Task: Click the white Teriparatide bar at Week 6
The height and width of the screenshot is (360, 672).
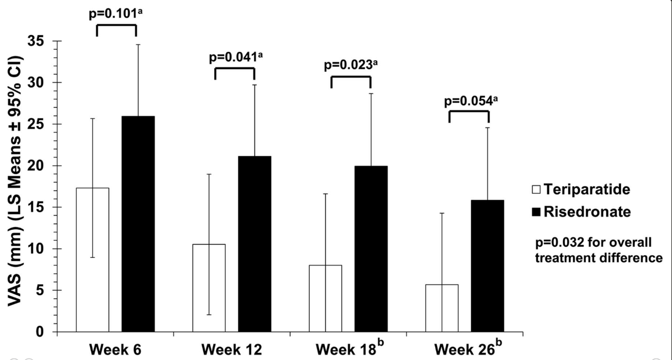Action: point(93,260)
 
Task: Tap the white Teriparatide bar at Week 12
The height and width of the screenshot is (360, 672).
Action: point(209,288)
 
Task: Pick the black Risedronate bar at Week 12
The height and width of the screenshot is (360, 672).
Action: point(255,243)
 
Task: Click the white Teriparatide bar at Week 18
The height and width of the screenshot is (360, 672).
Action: point(325,298)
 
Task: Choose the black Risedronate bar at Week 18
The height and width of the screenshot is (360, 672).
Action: point(371,248)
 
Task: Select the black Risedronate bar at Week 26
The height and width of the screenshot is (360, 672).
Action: point(488,266)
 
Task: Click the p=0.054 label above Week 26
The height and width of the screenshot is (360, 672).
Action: point(468,100)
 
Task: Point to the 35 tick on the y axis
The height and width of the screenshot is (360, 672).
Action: point(42,41)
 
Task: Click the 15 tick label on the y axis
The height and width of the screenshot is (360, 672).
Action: point(42,208)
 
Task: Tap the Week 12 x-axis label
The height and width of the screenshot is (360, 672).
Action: point(231,350)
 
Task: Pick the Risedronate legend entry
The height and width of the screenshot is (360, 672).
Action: point(581,211)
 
